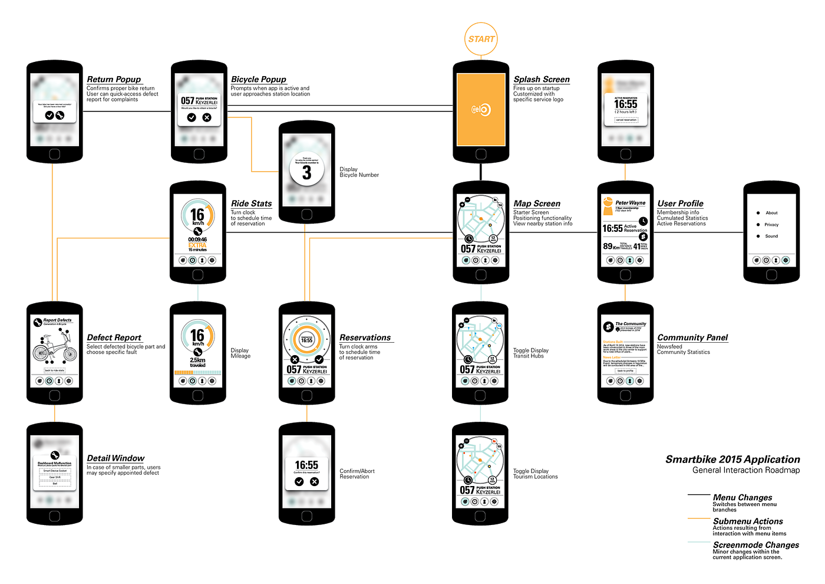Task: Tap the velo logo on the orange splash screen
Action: [481, 109]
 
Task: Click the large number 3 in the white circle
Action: [306, 172]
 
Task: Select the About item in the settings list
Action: [771, 213]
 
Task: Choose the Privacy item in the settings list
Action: [771, 225]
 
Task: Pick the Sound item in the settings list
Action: [771, 236]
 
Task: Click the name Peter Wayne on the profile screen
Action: [630, 202]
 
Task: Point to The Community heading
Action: [631, 324]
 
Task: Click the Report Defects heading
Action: [57, 320]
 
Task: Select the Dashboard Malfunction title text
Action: [55, 463]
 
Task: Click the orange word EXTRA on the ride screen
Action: [197, 245]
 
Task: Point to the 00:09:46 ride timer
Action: [197, 239]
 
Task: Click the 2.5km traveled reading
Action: [197, 362]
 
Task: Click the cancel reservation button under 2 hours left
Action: [626, 120]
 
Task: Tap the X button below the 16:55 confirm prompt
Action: [314, 482]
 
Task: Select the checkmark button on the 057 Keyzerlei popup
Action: [192, 117]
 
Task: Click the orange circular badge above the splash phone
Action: [481, 40]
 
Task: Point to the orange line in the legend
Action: [699, 518]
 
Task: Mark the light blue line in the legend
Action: [699, 542]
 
